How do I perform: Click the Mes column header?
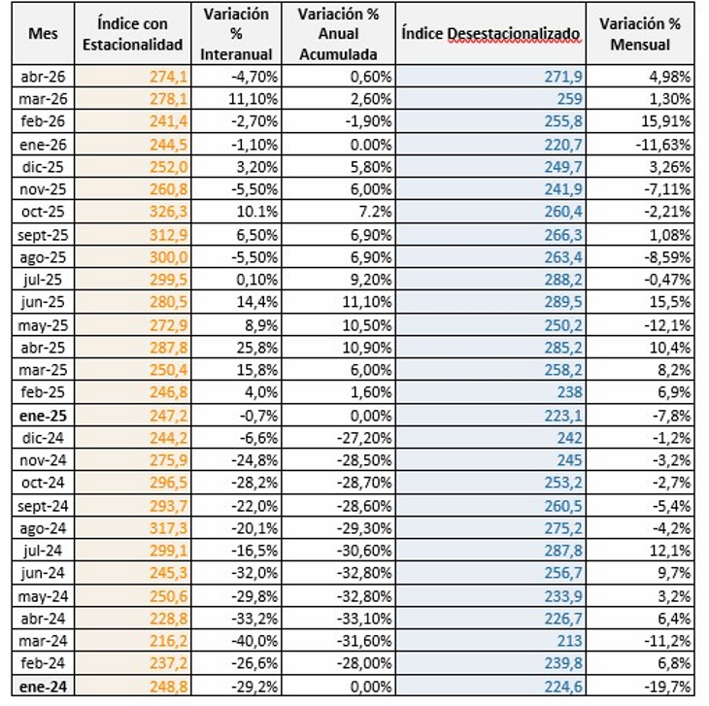[x=43, y=33]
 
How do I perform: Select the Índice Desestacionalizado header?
[x=490, y=33]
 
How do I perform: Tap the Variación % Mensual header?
[x=640, y=34]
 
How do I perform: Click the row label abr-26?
[x=43, y=77]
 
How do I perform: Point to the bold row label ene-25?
[x=43, y=416]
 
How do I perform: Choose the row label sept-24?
[x=43, y=506]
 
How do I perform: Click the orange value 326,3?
[x=168, y=212]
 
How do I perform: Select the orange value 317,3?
[x=168, y=528]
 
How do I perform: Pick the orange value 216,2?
[x=168, y=641]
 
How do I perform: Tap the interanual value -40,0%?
[x=254, y=641]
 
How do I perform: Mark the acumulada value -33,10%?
[x=364, y=619]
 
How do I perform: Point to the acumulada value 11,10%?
[x=367, y=301]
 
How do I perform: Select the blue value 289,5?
[x=563, y=301]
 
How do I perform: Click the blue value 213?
[x=569, y=641]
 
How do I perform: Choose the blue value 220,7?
[x=563, y=145]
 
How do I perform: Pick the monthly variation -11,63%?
[x=663, y=145]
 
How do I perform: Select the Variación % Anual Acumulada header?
[x=338, y=34]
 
